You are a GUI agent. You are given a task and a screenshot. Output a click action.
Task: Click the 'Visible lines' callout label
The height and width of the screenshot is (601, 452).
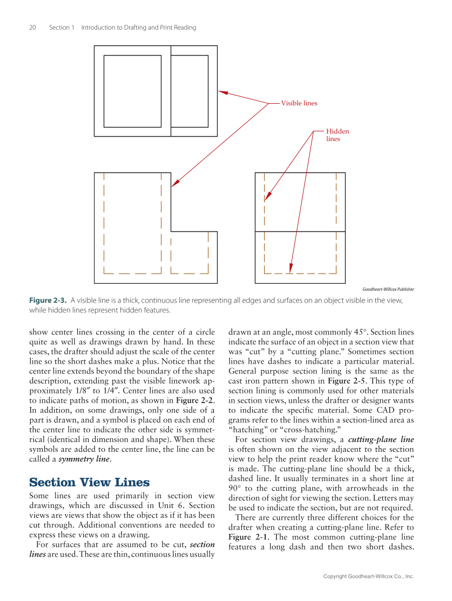(299, 103)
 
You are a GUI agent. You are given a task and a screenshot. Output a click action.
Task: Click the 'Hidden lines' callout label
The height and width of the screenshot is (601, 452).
(338, 135)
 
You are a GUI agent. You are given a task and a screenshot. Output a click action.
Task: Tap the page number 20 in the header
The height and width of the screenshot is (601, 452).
(32, 28)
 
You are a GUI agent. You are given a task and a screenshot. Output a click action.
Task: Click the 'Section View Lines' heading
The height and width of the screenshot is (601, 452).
(89, 483)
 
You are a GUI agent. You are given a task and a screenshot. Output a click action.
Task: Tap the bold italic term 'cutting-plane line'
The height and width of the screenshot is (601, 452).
(381, 439)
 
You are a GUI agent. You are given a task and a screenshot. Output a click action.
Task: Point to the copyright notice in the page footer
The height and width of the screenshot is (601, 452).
(368, 577)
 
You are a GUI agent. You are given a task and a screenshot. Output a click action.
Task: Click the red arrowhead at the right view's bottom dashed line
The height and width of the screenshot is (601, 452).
(291, 269)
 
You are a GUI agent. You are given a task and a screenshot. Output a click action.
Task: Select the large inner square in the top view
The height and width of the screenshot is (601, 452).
(132, 91)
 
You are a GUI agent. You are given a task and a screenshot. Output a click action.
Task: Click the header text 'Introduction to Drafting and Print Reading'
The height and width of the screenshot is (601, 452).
(138, 28)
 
